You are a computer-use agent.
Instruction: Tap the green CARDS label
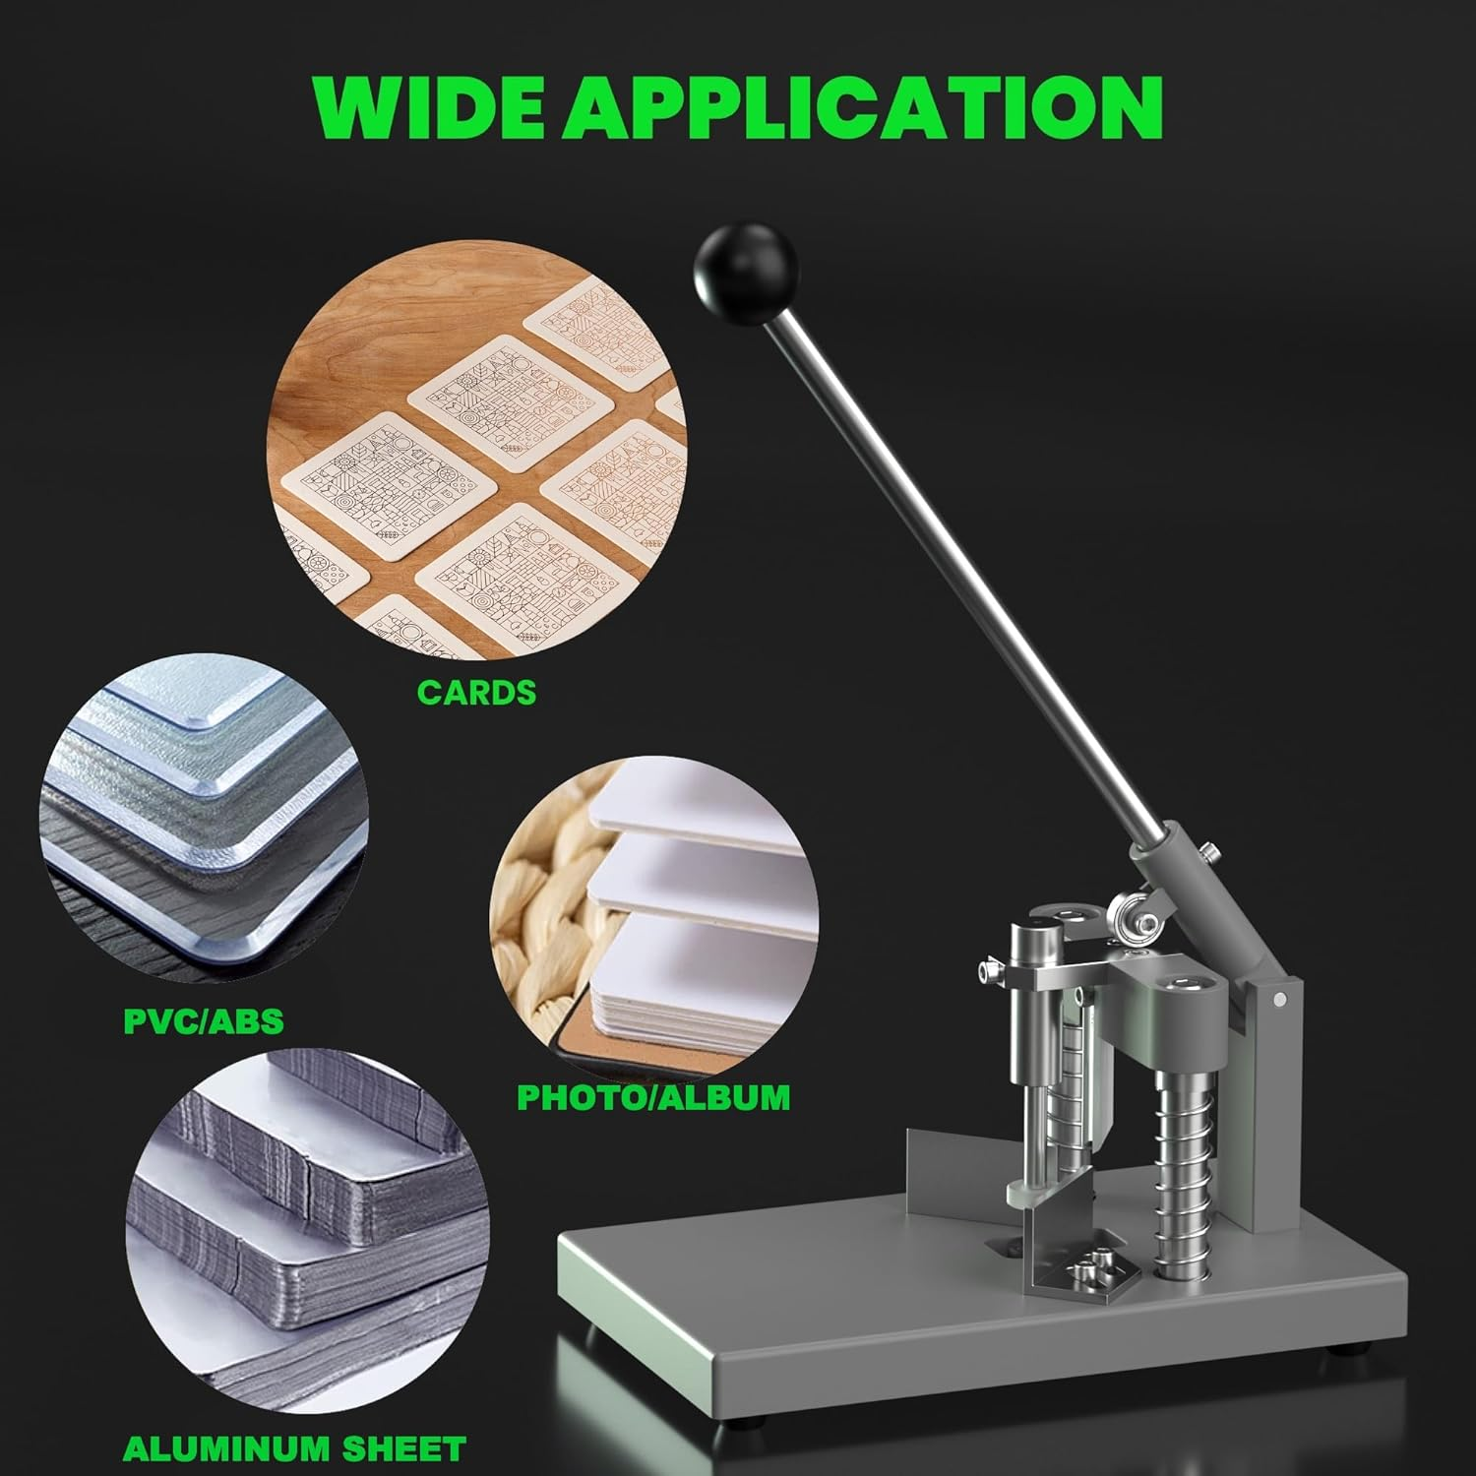coord(476,693)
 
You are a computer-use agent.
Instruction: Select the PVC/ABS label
coord(204,1020)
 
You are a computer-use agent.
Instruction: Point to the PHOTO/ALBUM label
coord(653,1096)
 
